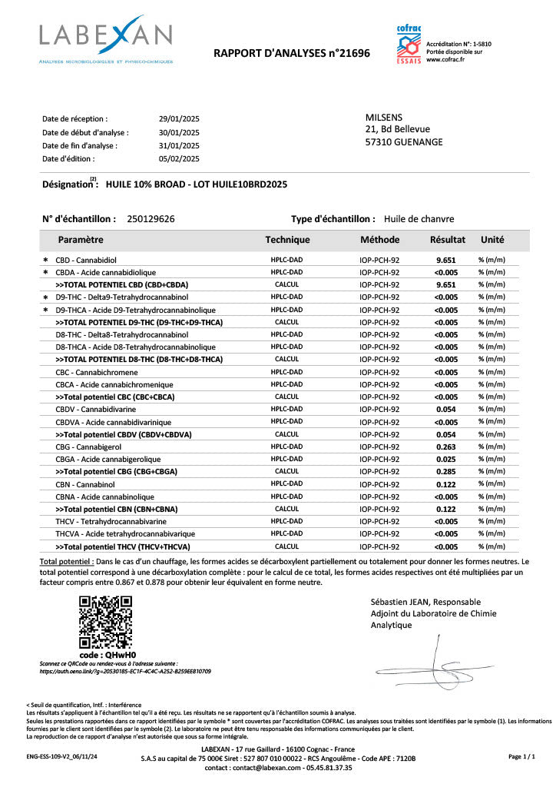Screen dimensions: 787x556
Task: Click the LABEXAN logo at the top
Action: (106, 38)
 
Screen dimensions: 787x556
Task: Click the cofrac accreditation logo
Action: (409, 44)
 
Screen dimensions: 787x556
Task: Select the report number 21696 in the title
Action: (356, 53)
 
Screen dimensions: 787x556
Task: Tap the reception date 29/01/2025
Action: (178, 119)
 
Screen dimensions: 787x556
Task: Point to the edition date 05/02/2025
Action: (178, 158)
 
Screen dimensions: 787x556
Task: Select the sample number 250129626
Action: (151, 219)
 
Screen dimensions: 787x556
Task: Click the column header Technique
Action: (287, 240)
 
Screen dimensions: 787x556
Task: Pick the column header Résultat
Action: (447, 240)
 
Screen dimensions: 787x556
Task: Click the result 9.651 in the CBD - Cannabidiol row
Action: (446, 261)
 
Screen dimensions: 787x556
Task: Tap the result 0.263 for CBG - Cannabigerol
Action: (446, 447)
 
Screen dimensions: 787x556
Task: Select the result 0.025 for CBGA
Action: (446, 459)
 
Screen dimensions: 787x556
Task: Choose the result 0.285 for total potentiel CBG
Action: (446, 471)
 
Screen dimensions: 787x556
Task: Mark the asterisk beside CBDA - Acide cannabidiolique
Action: (45, 273)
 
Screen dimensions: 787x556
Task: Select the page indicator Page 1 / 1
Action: (521, 757)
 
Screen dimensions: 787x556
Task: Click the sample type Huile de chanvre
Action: (419, 219)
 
